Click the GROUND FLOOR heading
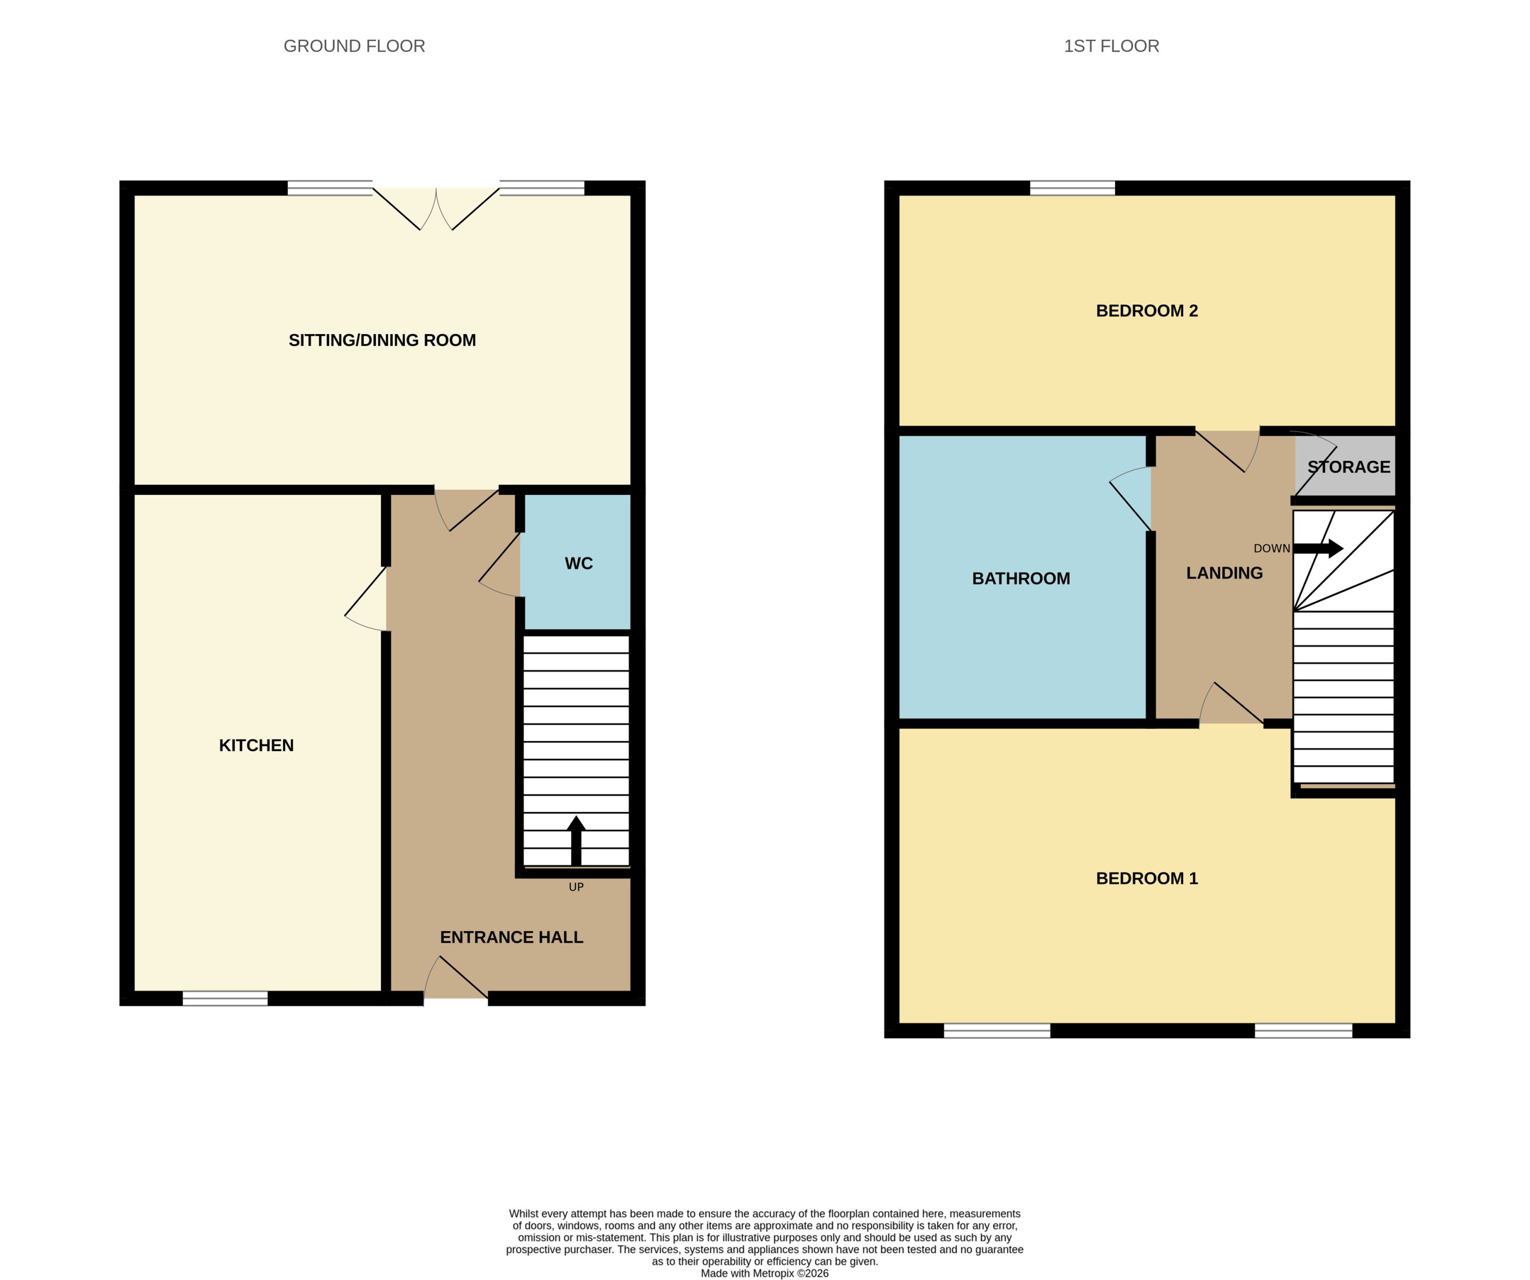click(x=354, y=46)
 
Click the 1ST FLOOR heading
click(x=1111, y=46)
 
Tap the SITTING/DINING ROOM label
click(x=382, y=340)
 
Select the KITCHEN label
click(x=257, y=745)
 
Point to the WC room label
click(x=579, y=563)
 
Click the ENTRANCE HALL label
click(x=512, y=937)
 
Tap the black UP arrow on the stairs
click(x=576, y=840)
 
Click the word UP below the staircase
click(x=576, y=886)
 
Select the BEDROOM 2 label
click(x=1147, y=311)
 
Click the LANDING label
click(x=1224, y=573)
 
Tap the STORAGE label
click(x=1349, y=467)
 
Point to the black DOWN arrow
click(x=1318, y=549)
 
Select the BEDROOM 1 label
click(x=1147, y=878)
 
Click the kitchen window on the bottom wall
click(x=225, y=999)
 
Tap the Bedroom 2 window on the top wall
click(x=1073, y=188)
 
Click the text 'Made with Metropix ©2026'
click(x=764, y=1274)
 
